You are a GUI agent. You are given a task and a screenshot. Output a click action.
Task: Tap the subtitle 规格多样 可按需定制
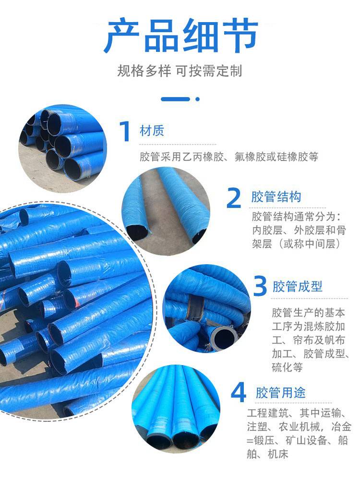coord(180,71)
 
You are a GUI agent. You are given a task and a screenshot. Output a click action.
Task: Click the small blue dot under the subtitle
coord(197,99)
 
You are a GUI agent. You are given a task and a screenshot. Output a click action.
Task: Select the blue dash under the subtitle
coord(176,99)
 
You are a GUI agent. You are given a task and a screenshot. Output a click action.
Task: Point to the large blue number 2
coord(234,198)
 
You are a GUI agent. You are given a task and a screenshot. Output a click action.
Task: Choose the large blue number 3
coord(260,286)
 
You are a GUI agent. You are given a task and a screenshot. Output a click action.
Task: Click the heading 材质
coord(152,131)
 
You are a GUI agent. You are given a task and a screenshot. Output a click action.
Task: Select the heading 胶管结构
coord(276,196)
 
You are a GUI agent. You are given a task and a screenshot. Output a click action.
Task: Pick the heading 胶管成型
coord(297,286)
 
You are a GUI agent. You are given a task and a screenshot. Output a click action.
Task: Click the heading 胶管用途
coord(281,392)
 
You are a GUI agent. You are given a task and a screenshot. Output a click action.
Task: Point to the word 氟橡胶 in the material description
coord(250,157)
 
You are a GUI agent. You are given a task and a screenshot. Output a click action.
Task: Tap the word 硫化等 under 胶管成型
coord(287,367)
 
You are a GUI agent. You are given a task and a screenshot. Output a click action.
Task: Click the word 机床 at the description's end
coord(278,454)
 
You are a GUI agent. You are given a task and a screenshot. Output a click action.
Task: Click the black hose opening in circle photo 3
coord(221,336)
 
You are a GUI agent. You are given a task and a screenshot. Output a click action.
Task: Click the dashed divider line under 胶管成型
coord(310,298)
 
